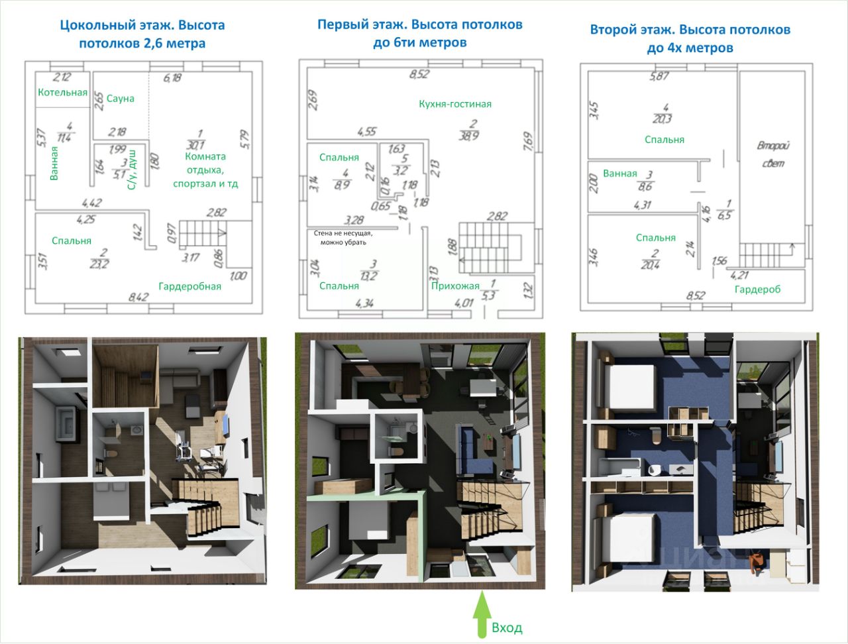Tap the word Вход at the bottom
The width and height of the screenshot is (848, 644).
tap(507, 627)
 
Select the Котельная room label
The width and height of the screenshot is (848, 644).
tap(62, 92)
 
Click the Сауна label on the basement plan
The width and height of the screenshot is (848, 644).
tap(121, 99)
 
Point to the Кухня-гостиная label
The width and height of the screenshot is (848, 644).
tap(455, 104)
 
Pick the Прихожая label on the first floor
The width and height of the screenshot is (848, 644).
tap(455, 286)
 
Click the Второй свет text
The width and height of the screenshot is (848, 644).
tap(773, 154)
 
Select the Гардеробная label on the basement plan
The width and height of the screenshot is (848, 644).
tap(189, 286)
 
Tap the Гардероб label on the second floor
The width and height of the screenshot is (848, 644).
tap(757, 290)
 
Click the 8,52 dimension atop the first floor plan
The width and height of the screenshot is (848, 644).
tap(419, 74)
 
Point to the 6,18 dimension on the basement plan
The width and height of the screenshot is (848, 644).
tap(172, 78)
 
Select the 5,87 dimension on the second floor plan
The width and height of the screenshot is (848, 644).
tap(659, 76)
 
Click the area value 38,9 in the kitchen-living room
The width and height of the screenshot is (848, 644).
tap(472, 135)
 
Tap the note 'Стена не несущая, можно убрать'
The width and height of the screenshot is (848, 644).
tap(343, 237)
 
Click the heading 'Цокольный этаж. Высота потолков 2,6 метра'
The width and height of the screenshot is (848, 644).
tap(142, 34)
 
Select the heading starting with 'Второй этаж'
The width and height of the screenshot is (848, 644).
tap(690, 38)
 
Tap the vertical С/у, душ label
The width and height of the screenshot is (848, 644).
tap(131, 170)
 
